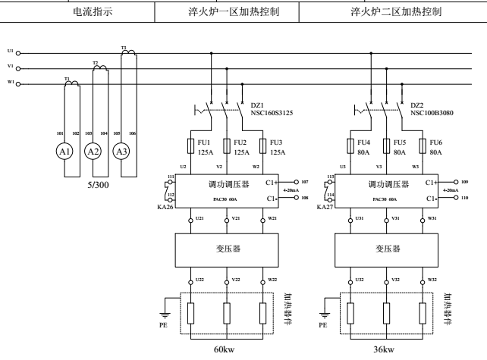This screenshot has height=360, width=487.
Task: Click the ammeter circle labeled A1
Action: (67, 152)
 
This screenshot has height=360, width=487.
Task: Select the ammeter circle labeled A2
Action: (93, 152)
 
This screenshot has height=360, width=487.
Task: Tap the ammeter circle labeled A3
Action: (121, 152)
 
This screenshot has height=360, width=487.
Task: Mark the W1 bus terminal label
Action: (10, 83)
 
